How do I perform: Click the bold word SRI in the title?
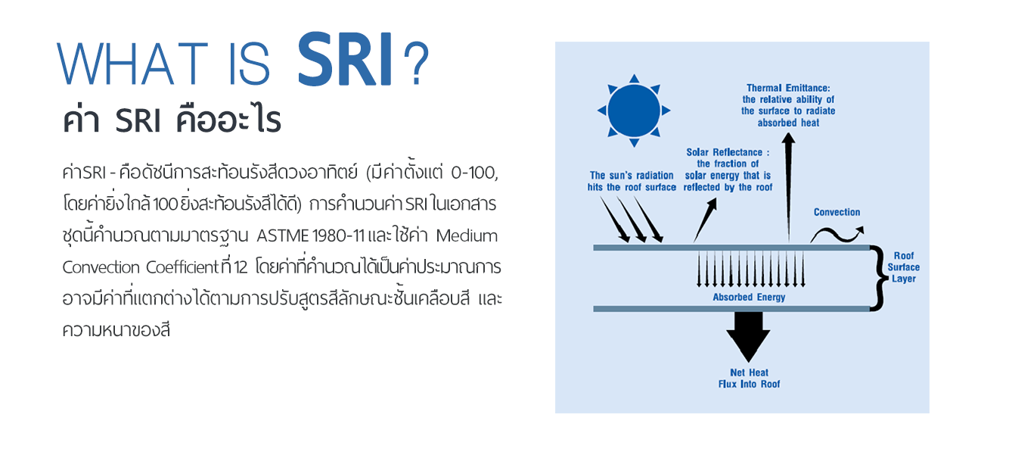tap(345, 59)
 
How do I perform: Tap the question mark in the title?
tap(416, 64)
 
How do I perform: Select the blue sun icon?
tap(634, 111)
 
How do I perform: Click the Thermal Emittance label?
tap(788, 105)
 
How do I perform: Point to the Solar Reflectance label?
tap(728, 170)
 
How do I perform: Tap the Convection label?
tap(837, 212)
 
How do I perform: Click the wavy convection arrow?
tap(837, 234)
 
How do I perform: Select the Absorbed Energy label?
tap(749, 297)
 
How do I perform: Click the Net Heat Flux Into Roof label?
tap(749, 379)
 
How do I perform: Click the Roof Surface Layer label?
tap(904, 267)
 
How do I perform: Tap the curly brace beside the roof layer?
tap(877, 278)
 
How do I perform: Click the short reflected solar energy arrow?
tap(705, 220)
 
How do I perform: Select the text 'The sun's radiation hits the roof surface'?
tap(632, 181)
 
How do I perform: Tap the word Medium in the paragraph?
tap(467, 236)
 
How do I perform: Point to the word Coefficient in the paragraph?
tap(182, 267)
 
